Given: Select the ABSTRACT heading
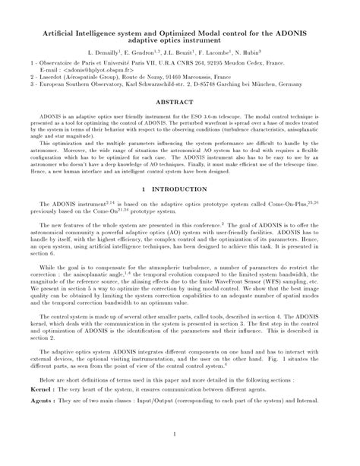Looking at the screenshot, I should click(179, 100).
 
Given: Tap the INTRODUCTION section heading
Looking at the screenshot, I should click(186, 187).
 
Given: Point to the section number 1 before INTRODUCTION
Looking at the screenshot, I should click(143, 187).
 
